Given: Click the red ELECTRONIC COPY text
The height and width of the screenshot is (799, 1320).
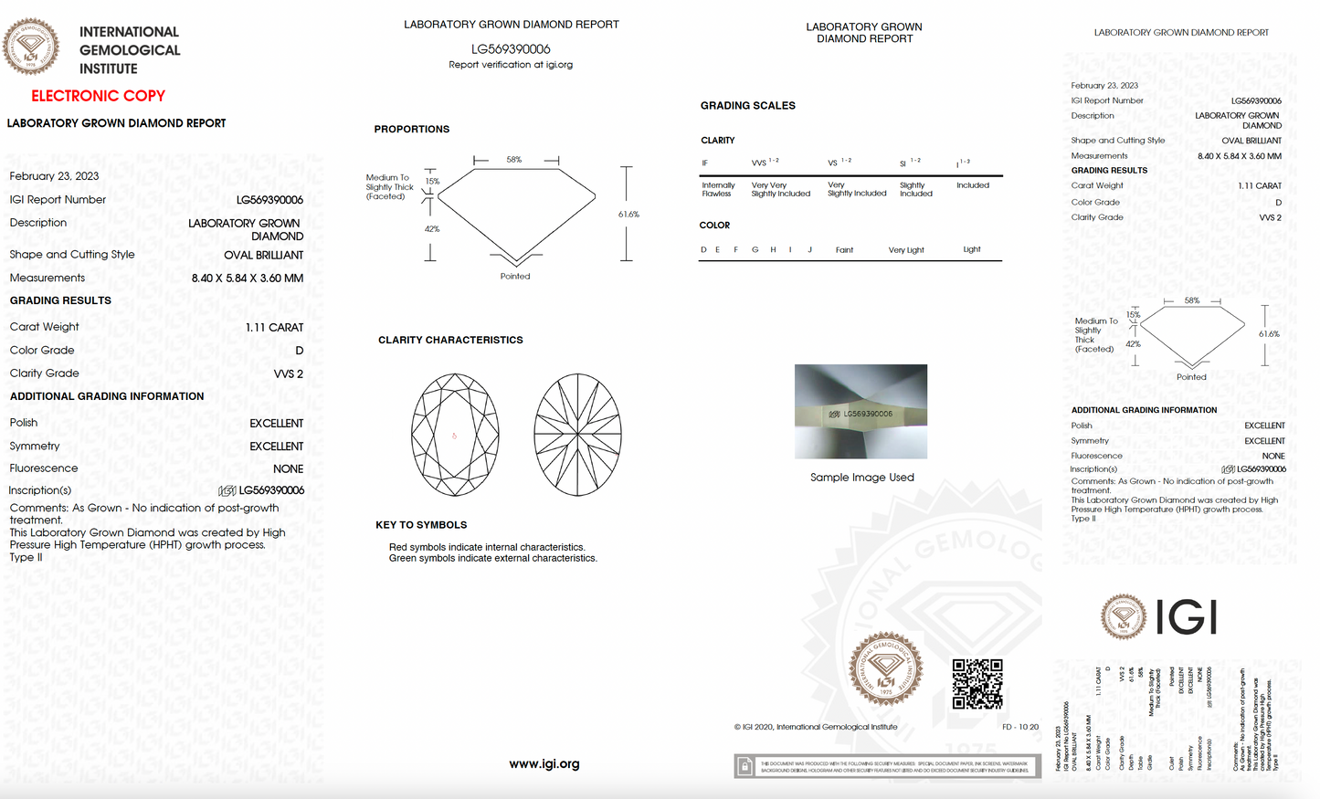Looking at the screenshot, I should pyautogui.click(x=98, y=96).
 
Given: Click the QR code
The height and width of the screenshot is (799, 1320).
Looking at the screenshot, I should pyautogui.click(x=977, y=684).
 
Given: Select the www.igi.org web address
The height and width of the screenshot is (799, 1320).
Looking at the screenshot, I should pyautogui.click(x=544, y=764).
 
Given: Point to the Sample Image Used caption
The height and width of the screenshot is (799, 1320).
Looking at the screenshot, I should pyautogui.click(x=861, y=478).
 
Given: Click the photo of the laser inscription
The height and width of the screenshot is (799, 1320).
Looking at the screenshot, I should pyautogui.click(x=861, y=412).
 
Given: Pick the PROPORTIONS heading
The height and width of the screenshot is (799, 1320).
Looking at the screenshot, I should pyautogui.click(x=411, y=130).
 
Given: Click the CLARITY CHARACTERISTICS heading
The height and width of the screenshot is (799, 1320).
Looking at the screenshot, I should pyautogui.click(x=450, y=340).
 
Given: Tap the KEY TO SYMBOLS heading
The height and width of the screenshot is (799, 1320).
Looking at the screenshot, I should pyautogui.click(x=421, y=525).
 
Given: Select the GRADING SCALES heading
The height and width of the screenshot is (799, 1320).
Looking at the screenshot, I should pyautogui.click(x=747, y=106).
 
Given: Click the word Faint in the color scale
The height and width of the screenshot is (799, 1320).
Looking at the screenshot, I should pyautogui.click(x=844, y=250).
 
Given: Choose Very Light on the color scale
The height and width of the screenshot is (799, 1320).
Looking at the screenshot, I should pyautogui.click(x=906, y=250).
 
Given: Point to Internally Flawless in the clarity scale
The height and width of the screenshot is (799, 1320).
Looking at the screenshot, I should pyautogui.click(x=718, y=189).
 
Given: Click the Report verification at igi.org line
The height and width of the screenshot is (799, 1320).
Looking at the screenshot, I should pyautogui.click(x=511, y=65).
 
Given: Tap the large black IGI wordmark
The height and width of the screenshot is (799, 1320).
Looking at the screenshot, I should pyautogui.click(x=1186, y=617).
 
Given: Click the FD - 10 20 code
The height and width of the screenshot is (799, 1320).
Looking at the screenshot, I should pyautogui.click(x=1020, y=728).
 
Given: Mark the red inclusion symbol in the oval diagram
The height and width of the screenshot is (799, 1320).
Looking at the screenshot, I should pyautogui.click(x=454, y=436).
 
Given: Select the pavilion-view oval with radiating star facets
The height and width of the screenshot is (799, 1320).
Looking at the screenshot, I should pyautogui.click(x=577, y=435).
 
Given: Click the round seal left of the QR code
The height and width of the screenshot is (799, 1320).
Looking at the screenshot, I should pyautogui.click(x=884, y=669).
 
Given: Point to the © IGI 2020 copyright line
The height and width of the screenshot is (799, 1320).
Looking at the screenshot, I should pyautogui.click(x=815, y=728).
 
